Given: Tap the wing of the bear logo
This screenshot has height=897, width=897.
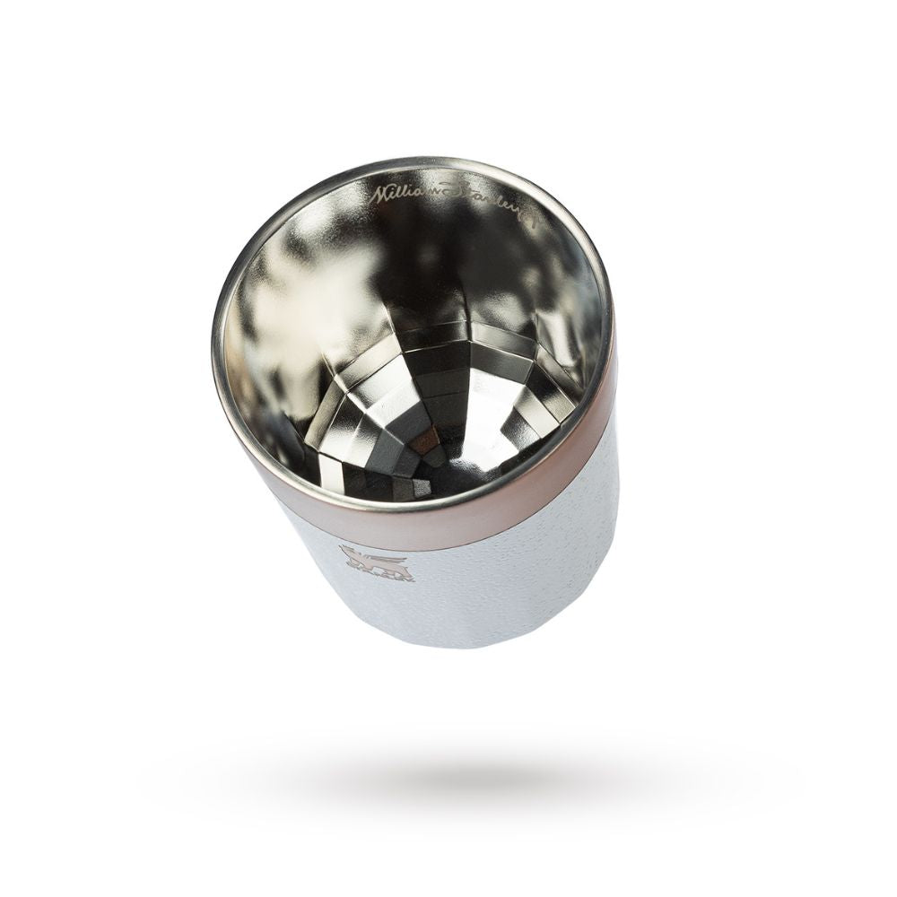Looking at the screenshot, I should [395, 558].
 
